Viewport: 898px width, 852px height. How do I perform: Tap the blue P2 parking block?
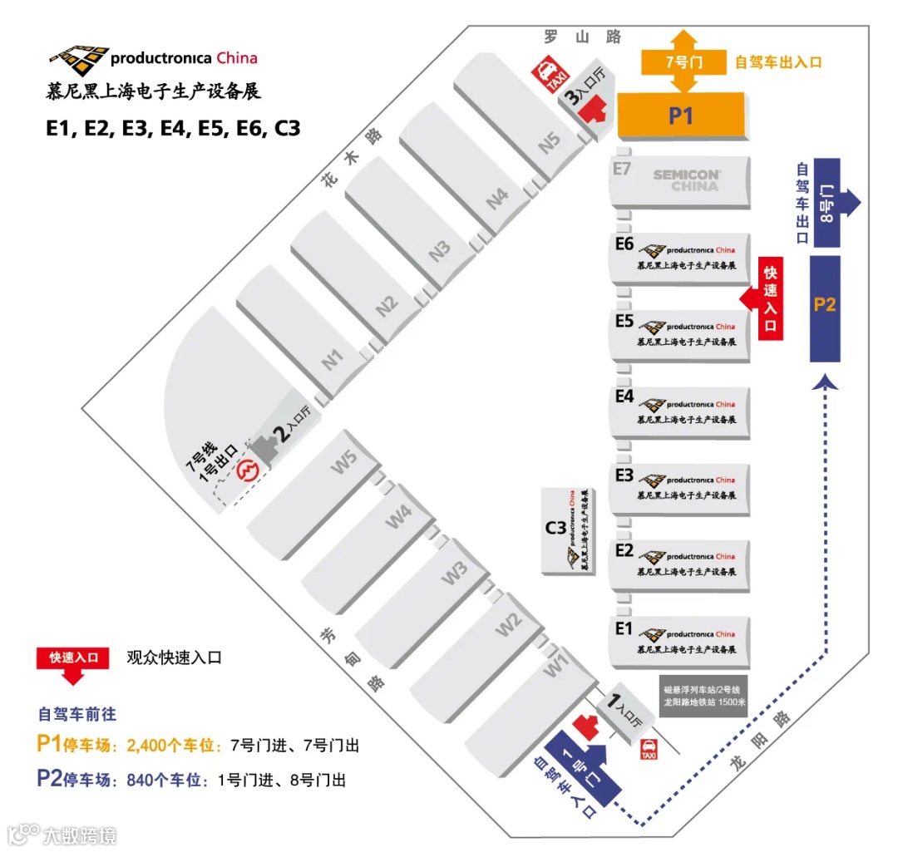coord(825,306)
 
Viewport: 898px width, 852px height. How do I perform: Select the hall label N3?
coord(441,251)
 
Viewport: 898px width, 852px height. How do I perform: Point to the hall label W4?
coord(399,516)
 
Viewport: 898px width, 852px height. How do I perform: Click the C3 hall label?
coord(555,527)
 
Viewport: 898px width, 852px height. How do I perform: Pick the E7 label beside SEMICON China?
coord(622,170)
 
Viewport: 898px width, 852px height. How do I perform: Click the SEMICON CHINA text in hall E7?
coord(686,180)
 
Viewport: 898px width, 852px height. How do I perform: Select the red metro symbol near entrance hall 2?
coord(247,471)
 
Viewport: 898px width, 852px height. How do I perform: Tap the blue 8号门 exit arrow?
coord(836,203)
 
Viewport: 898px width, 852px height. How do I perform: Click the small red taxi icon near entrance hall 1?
coord(648,750)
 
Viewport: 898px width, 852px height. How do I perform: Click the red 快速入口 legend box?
coord(73,657)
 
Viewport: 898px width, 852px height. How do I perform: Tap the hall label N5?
coord(550,143)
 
